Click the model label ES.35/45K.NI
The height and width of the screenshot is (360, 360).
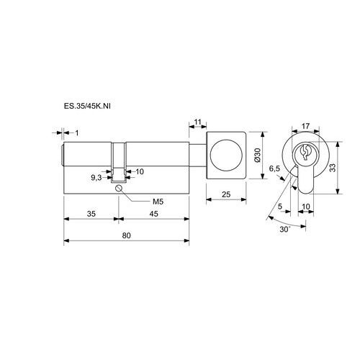click(87, 106)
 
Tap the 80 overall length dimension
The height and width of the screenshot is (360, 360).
click(127, 235)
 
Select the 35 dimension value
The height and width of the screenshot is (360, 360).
click(91, 214)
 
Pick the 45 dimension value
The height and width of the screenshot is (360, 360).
click(154, 214)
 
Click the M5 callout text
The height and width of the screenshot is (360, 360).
click(158, 202)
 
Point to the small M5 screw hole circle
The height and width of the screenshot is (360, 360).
click(119, 189)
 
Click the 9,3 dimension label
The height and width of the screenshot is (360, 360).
click(96, 178)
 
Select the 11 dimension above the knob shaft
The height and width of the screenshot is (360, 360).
click(197, 122)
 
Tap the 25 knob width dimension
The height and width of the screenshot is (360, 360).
click(226, 194)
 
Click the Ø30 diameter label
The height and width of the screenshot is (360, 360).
click(257, 155)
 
